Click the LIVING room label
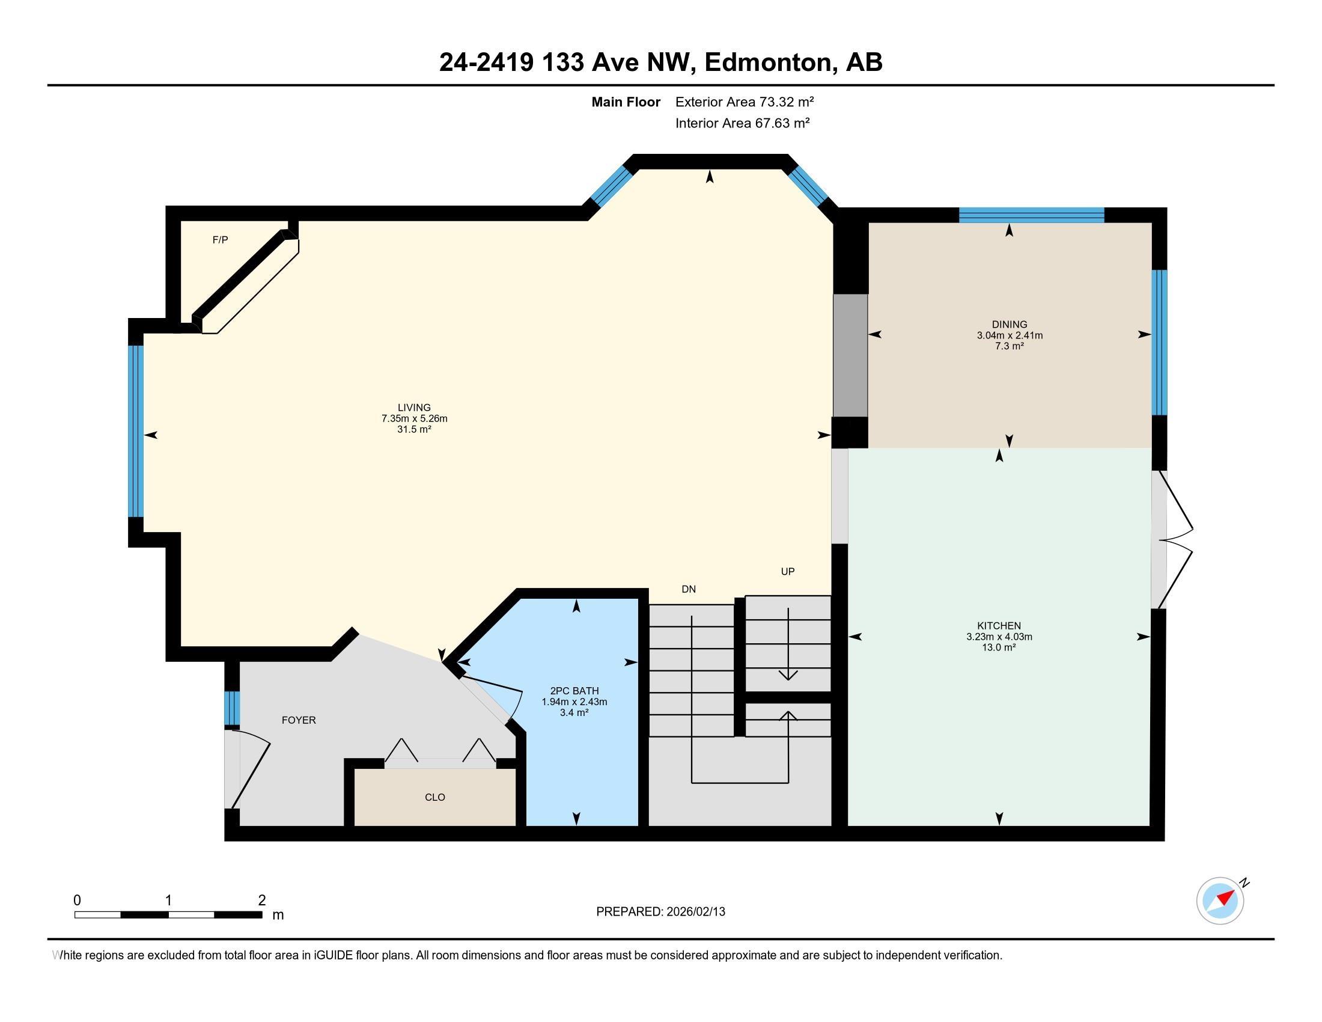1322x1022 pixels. (x=414, y=408)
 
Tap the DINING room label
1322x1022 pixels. (x=1009, y=325)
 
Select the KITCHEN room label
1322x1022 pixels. (x=999, y=626)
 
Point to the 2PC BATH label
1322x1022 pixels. (x=574, y=691)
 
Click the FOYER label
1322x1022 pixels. (x=299, y=720)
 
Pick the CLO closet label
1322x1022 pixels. (x=434, y=797)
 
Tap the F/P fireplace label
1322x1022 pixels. (x=221, y=240)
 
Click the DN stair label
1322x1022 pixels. (x=689, y=589)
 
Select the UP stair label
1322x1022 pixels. (x=788, y=572)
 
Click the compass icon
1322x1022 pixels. (x=1220, y=901)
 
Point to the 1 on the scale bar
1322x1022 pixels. (x=168, y=901)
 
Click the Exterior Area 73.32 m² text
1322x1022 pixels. (x=745, y=102)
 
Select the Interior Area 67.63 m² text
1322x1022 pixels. (x=743, y=123)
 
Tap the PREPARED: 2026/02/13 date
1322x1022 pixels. (x=660, y=912)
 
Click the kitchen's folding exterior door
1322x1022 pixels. (x=1174, y=539)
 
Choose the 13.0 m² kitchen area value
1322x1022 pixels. (x=999, y=647)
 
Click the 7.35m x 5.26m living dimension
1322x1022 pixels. (x=414, y=418)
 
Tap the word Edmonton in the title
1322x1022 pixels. (x=768, y=63)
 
